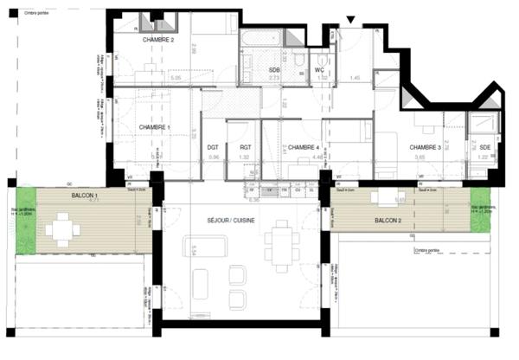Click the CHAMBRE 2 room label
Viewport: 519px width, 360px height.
(x=158, y=41)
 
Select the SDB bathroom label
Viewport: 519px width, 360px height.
(x=274, y=69)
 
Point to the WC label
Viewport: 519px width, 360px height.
(x=318, y=69)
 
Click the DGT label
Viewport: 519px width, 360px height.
(x=214, y=148)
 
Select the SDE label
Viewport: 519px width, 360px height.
(x=484, y=148)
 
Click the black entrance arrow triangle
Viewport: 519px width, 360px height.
(x=350, y=20)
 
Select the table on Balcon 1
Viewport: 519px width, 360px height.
(x=61, y=230)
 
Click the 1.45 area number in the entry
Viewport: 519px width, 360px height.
(x=355, y=78)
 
